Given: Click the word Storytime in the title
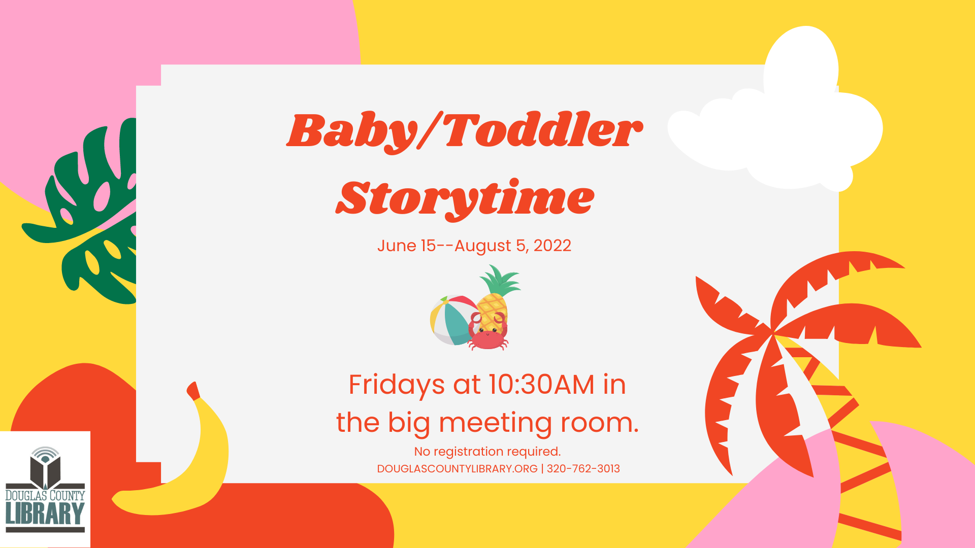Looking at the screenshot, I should [x=465, y=198].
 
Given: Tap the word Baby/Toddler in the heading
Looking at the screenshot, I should [x=465, y=131].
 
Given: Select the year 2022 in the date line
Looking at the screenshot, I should [x=552, y=246].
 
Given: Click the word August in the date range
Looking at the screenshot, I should [x=482, y=246].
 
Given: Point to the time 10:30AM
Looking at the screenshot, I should [x=541, y=385].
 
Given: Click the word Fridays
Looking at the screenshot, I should [x=397, y=385].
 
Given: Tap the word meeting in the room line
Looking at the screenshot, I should [x=495, y=423].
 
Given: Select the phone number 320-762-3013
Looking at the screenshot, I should [x=583, y=469].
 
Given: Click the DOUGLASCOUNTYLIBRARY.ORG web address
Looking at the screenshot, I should [x=457, y=469].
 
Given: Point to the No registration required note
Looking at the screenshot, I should [x=487, y=452].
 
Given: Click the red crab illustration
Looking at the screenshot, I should [x=488, y=335].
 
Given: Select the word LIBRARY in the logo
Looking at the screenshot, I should [x=45, y=514].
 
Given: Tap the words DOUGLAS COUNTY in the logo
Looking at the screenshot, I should [x=45, y=495].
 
